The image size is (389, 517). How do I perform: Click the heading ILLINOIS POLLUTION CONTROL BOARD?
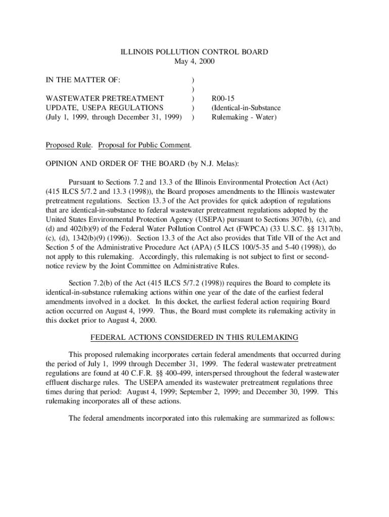(194, 52)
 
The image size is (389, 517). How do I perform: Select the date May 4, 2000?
(194, 62)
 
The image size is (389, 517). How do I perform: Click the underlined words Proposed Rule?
(69, 145)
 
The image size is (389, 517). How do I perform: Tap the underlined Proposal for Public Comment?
(144, 145)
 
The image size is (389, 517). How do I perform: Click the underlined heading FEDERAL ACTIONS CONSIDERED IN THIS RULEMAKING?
(194, 337)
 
